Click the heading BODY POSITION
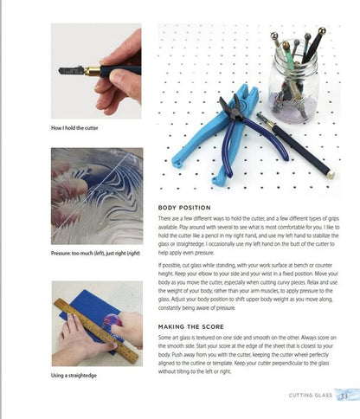[184, 208]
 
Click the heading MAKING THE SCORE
[191, 326]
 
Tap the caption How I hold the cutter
[74, 128]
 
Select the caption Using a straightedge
[74, 376]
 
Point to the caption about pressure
[95, 253]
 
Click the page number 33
[344, 396]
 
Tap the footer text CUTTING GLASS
[311, 396]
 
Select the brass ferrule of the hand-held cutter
[93, 71]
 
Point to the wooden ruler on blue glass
[96, 331]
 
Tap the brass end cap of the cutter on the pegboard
[331, 175]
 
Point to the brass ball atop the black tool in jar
[322, 30]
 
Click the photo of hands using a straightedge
[97, 324]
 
